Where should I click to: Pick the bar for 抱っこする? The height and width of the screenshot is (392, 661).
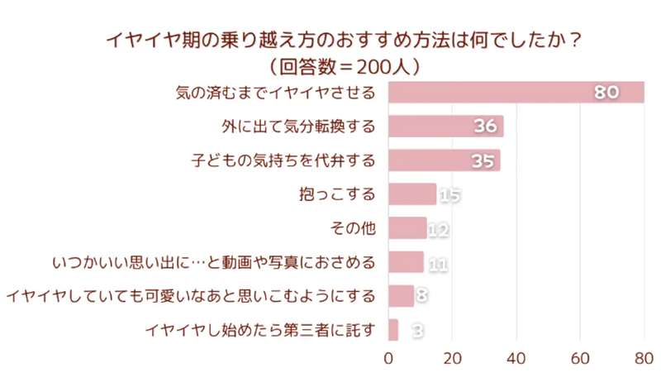click(x=411, y=194)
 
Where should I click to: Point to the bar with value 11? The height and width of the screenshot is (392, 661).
click(x=404, y=262)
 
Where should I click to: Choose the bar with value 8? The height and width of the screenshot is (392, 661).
click(x=400, y=296)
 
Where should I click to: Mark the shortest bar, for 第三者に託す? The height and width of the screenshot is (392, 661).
click(x=392, y=330)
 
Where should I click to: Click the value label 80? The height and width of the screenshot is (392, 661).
click(x=607, y=93)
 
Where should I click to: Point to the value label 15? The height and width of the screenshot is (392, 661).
click(x=449, y=195)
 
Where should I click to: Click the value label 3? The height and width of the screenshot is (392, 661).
click(x=418, y=331)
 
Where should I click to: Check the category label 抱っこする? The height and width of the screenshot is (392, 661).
click(x=336, y=194)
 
